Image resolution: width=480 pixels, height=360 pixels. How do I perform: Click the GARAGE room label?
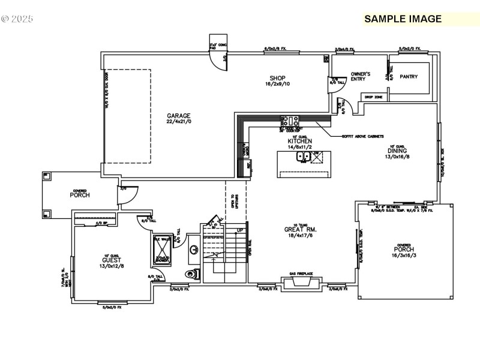click(178, 115)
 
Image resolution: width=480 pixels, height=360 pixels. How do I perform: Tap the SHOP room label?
click(277, 78)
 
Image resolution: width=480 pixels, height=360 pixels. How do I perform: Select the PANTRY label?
click(409, 77)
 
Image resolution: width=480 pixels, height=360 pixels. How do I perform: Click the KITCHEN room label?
click(299, 141)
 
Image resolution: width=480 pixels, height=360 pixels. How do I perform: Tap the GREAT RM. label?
click(301, 229)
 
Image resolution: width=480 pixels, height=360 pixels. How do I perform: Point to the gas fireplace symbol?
click(301, 283)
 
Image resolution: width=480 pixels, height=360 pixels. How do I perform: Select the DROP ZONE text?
click(373, 96)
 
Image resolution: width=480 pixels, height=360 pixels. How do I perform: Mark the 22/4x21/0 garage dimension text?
click(178, 122)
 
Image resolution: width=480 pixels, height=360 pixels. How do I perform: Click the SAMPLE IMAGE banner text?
click(403, 19)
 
